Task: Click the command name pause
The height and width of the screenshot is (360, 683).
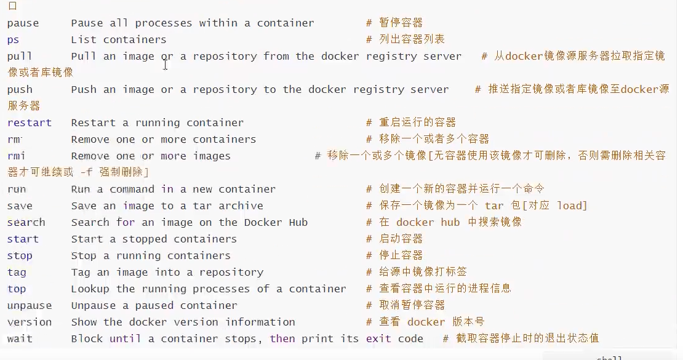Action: pyautogui.click(x=23, y=23)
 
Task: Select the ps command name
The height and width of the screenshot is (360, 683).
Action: pyautogui.click(x=14, y=40)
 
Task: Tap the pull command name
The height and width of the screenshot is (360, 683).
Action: pyautogui.click(x=20, y=57)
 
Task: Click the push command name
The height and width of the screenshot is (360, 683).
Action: pyautogui.click(x=20, y=90)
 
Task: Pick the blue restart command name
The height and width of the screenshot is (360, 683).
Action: pyautogui.click(x=30, y=123)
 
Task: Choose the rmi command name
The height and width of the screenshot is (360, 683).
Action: pyautogui.click(x=17, y=156)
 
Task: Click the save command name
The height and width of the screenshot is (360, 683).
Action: pyautogui.click(x=20, y=206)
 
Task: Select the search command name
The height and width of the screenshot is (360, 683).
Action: pyautogui.click(x=26, y=223)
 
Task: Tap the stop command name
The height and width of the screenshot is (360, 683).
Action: pyautogui.click(x=20, y=256)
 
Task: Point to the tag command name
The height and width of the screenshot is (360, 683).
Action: pyautogui.click(x=17, y=273)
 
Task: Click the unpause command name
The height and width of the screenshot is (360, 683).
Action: pyautogui.click(x=30, y=306)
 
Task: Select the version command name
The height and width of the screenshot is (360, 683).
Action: pyautogui.click(x=30, y=322)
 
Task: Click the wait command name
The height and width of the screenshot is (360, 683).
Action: pyautogui.click(x=20, y=339)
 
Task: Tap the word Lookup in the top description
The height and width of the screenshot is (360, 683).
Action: pyautogui.click(x=90, y=289)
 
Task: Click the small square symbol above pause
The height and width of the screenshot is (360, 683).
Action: pyautogui.click(x=13, y=7)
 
